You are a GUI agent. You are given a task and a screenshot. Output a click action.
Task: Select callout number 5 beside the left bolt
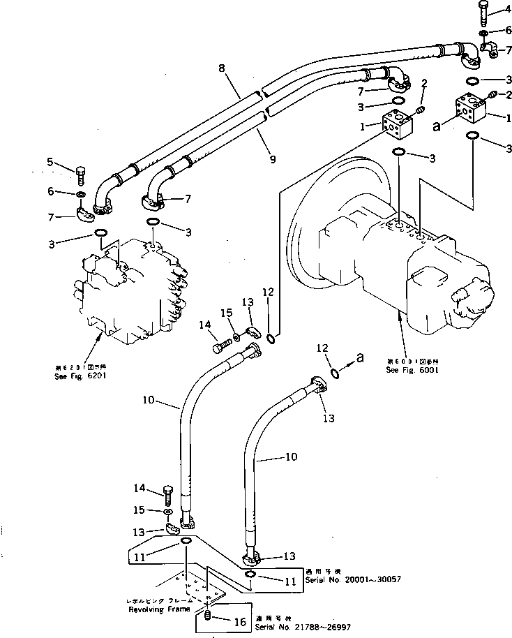click(50, 163)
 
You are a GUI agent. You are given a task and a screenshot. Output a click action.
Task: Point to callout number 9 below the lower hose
click(273, 160)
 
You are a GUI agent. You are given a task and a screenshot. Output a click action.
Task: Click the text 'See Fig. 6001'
click(412, 371)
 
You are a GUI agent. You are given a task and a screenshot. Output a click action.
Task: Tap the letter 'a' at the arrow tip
click(360, 357)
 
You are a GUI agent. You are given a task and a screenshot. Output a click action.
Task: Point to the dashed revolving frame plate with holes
click(199, 582)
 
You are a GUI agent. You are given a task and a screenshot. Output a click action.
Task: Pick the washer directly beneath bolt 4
click(483, 32)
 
